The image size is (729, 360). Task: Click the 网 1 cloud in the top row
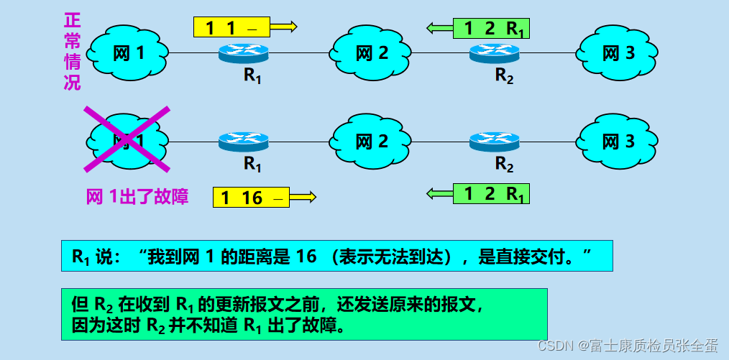(x=128, y=52)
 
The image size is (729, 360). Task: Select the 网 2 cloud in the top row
(x=371, y=52)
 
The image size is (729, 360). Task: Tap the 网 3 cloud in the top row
(x=619, y=53)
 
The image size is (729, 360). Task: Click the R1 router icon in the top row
(x=244, y=52)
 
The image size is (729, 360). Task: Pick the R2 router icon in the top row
(x=494, y=52)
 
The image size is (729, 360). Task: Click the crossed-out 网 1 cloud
(x=128, y=139)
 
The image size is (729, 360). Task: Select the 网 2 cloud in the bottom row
(x=371, y=141)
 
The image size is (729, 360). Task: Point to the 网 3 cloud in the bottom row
(x=619, y=141)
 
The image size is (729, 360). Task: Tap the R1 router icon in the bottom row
(x=244, y=141)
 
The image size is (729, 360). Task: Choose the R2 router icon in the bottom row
(x=494, y=141)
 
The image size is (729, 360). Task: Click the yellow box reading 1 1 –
(x=231, y=27)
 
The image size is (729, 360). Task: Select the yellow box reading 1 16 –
(x=251, y=197)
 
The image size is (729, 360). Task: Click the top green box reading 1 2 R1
(x=491, y=28)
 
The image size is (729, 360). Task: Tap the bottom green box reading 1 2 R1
(x=491, y=193)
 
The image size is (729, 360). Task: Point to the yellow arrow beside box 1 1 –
(x=283, y=27)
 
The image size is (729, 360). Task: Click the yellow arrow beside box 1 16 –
(x=303, y=196)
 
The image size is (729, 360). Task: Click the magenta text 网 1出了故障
(x=137, y=197)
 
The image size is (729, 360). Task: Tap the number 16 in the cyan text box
(x=306, y=256)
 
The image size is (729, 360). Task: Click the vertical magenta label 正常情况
(x=72, y=50)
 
